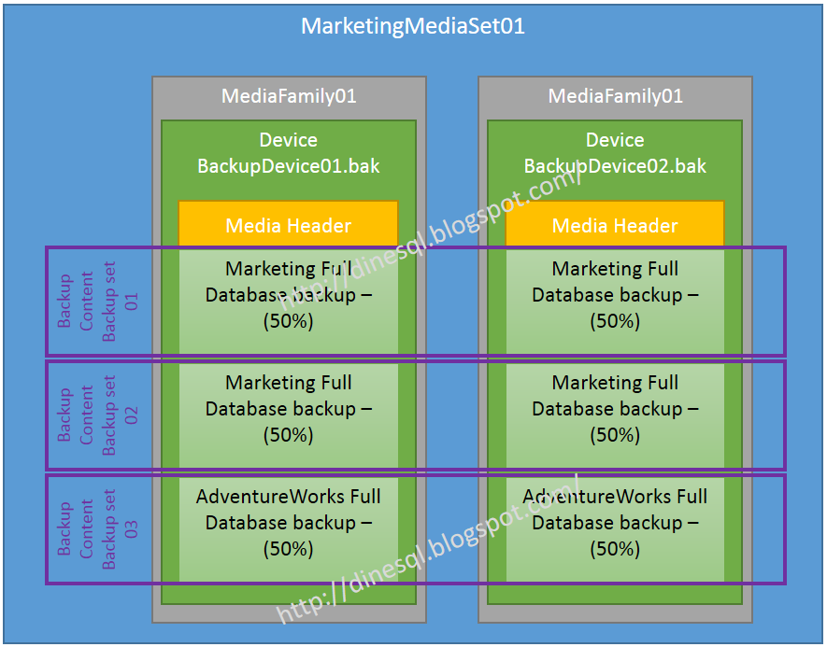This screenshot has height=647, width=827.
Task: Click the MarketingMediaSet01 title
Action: pos(413,26)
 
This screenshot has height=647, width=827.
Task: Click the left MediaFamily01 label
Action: pos(289,96)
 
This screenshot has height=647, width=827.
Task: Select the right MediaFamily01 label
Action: pos(615,96)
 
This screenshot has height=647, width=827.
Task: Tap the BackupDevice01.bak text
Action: pos(289,166)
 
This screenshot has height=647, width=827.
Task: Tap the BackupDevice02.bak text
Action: pos(615,166)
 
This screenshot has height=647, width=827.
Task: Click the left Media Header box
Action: pos(289,225)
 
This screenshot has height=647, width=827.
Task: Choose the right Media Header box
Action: pos(615,225)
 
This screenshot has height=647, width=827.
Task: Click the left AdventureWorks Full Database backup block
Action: pos(289,523)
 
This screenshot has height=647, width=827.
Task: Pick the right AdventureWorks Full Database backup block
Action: pos(615,523)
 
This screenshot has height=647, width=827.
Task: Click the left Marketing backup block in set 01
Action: pos(289,295)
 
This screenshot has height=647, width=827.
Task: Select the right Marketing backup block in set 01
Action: pos(615,295)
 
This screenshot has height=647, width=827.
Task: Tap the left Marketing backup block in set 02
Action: pos(289,409)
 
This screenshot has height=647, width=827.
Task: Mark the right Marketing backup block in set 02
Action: pos(615,409)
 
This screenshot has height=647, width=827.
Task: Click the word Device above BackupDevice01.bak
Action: pos(289,140)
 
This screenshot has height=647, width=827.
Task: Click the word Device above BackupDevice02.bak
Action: pos(615,140)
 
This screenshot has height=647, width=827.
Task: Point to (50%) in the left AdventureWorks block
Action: pos(289,549)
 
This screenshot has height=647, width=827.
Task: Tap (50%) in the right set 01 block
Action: pos(615,321)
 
